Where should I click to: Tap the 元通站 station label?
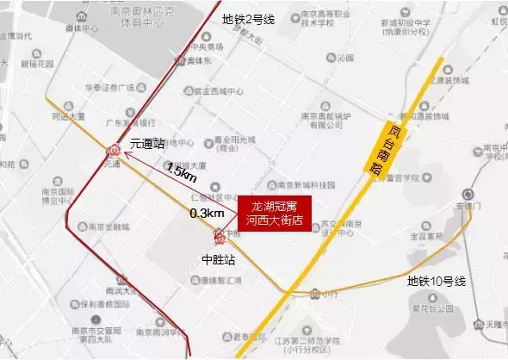click(x=147, y=146)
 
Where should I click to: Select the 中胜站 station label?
click(x=217, y=258)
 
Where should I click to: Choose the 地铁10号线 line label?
click(x=436, y=281)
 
